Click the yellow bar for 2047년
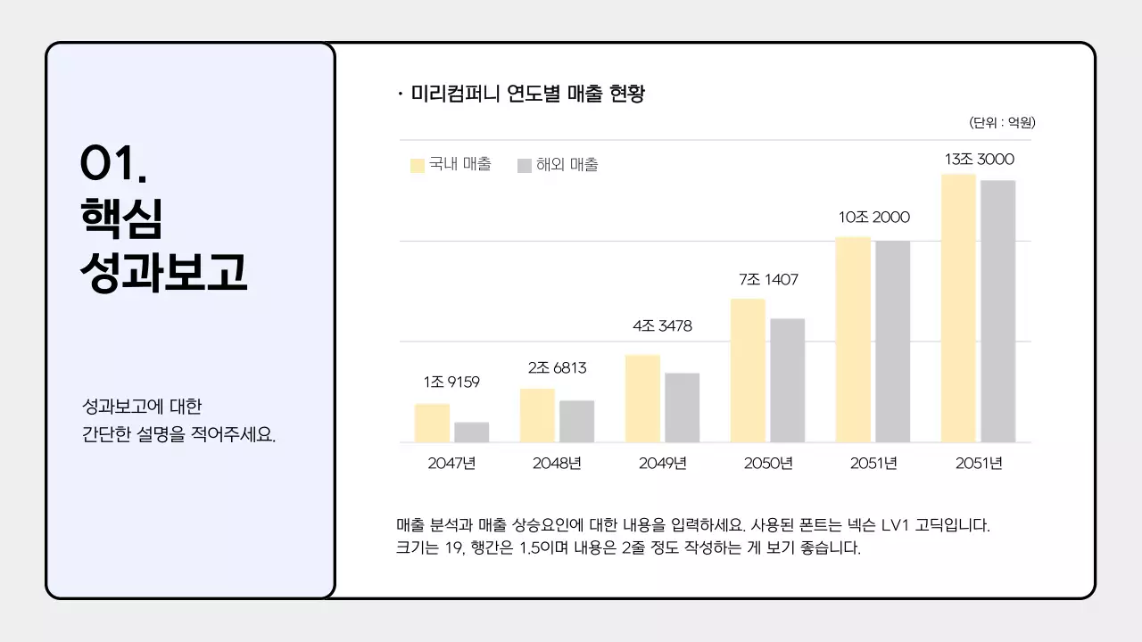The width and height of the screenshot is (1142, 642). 432,423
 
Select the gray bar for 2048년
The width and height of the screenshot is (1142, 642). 576,421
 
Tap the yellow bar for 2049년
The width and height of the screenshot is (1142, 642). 642,399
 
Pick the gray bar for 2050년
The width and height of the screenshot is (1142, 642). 787,380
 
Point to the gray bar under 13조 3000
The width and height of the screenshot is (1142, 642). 997,311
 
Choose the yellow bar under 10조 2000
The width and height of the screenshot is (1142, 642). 853,339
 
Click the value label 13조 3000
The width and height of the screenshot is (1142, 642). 979,160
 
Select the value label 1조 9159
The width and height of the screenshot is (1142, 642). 451,383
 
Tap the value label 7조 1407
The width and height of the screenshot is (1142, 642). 768,280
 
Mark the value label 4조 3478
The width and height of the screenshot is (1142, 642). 662,326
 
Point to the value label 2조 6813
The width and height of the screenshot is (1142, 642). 557,368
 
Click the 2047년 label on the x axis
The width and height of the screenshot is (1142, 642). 451,464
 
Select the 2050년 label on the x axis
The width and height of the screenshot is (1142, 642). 768,464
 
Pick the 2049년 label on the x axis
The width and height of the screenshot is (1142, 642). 662,464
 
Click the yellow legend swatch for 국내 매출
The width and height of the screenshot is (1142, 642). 418,166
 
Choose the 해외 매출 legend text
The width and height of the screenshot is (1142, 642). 567,165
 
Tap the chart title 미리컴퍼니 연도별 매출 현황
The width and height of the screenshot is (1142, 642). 527,94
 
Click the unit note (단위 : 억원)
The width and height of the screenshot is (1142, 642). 1002,123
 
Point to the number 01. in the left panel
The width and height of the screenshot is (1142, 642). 113,163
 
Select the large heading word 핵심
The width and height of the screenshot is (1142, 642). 121,218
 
